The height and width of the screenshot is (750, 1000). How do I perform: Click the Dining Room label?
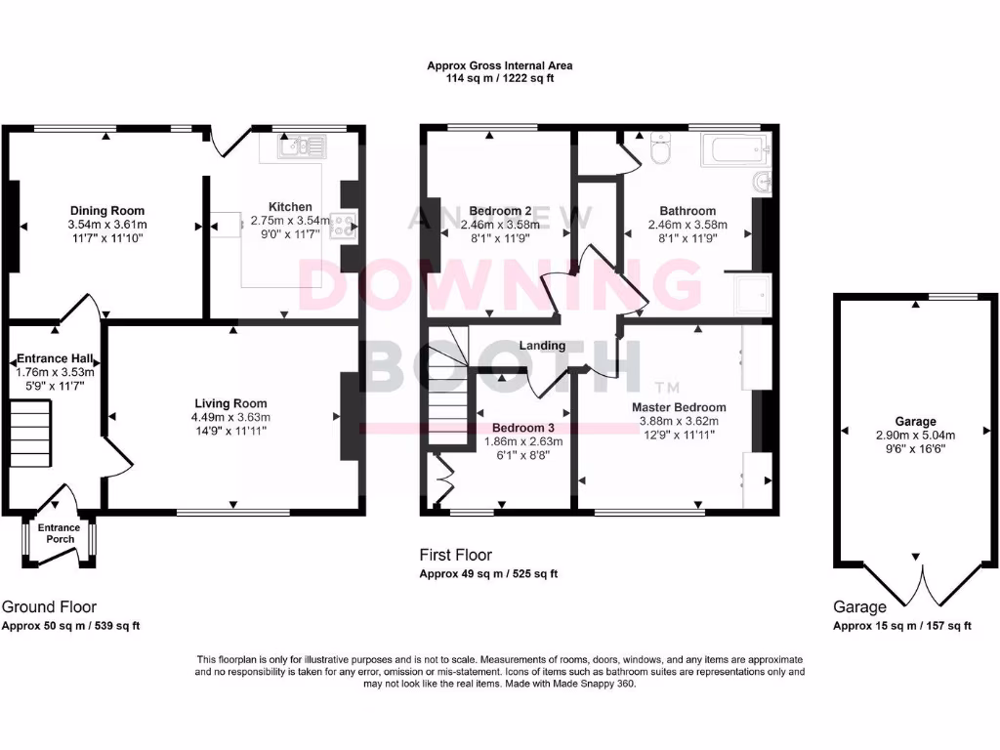[107, 211]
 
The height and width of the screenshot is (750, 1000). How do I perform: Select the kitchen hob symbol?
[345, 226]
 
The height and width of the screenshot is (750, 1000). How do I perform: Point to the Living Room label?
[230, 403]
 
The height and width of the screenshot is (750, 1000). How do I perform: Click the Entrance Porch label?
[60, 533]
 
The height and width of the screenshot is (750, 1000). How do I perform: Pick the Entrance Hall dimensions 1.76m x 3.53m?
[55, 372]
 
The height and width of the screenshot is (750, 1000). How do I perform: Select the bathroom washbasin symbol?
[763, 183]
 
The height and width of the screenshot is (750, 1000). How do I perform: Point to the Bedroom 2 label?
[500, 211]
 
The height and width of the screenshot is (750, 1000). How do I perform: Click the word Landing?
[542, 346]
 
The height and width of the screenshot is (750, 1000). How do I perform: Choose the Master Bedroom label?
[679, 407]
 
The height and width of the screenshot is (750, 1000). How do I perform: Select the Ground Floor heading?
[49, 606]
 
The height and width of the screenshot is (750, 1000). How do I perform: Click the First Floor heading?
[455, 555]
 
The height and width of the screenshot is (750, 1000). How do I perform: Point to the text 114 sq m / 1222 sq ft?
[499, 78]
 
